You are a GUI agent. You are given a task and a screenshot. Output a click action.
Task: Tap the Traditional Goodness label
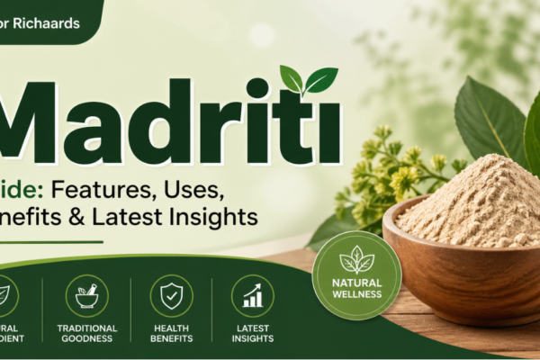point(86,333)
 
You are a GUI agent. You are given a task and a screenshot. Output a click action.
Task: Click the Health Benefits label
point(171,333)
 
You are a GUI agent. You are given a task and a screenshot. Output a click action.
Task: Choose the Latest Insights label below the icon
point(253,333)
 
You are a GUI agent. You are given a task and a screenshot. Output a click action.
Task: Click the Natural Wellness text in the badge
point(357,288)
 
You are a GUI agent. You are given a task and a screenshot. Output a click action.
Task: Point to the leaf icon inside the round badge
point(357,261)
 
